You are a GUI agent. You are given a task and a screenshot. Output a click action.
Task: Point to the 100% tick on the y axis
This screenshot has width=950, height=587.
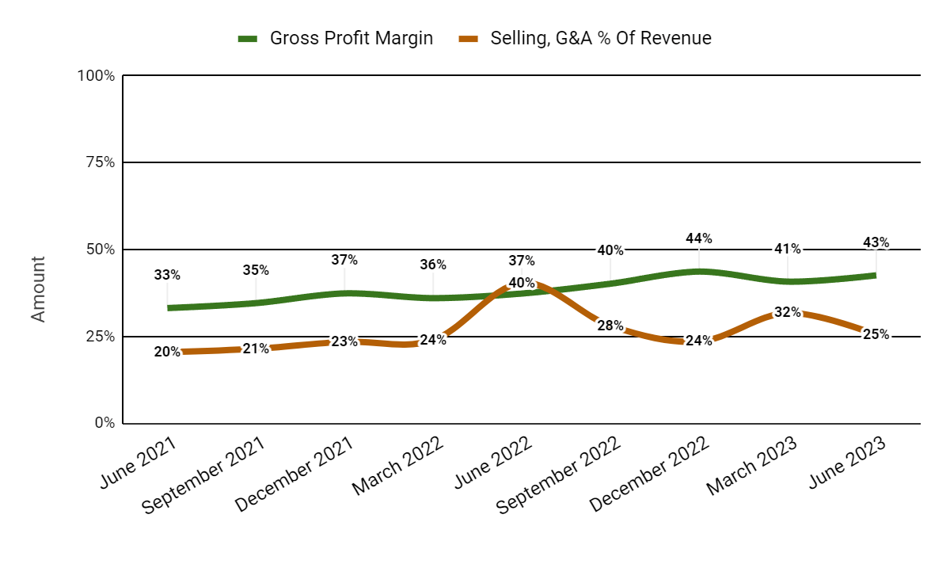tap(96, 76)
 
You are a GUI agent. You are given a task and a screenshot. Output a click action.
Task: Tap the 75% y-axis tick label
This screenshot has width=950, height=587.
tap(98, 162)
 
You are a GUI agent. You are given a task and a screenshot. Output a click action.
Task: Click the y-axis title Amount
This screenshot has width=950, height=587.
tap(38, 288)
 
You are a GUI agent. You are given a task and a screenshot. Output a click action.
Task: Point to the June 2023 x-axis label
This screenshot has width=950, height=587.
tap(848, 464)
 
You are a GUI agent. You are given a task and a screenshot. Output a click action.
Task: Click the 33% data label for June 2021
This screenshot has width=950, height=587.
tap(167, 276)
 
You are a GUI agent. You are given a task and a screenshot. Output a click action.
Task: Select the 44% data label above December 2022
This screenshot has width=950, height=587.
tap(699, 238)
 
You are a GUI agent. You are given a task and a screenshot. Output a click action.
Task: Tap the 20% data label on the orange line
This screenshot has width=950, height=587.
tap(167, 353)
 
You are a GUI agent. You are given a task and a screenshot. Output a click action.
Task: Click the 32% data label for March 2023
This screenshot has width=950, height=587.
tap(788, 312)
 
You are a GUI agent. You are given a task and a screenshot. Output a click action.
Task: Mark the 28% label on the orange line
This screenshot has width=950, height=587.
tap(610, 326)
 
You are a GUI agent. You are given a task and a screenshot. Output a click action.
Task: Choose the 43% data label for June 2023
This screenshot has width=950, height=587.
tap(876, 242)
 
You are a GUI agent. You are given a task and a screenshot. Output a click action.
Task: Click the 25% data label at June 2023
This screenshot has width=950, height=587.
tap(876, 334)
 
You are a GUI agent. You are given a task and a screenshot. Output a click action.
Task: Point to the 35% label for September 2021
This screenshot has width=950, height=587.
tap(256, 270)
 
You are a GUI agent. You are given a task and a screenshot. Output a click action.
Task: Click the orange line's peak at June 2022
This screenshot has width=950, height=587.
tap(522, 283)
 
